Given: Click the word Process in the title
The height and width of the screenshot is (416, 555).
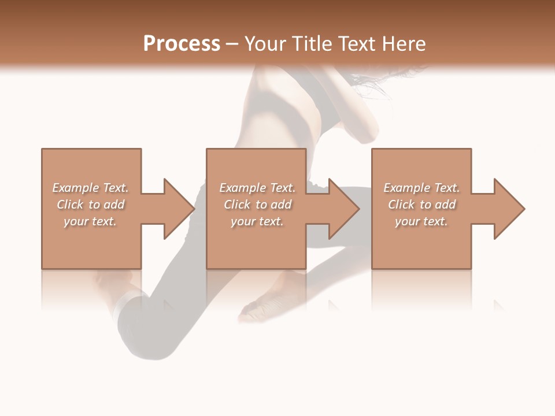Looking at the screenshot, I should coord(182,44).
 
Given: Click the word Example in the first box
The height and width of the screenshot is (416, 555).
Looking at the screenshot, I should coord(75,188).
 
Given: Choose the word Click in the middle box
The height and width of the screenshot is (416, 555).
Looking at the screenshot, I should coord(236,205).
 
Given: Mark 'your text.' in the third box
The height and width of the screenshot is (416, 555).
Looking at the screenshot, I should coord(421,221).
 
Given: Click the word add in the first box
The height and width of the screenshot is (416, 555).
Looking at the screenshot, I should coord(114,205).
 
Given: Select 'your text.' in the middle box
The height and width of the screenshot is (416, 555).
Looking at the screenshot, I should coord(257,221).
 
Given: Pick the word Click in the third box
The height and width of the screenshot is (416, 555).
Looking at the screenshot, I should coord(401,205).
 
